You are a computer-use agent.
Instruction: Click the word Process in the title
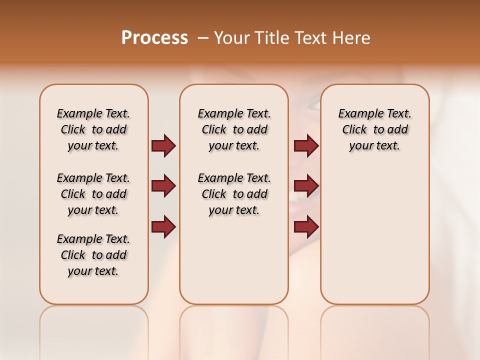[x=154, y=38]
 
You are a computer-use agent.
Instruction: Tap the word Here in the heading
[x=352, y=38]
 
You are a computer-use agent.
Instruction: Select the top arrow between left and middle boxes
[x=163, y=146]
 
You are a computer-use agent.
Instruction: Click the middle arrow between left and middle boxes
[x=163, y=186]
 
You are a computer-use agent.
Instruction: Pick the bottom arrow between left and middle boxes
[x=163, y=226]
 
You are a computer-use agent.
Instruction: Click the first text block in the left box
[x=93, y=129]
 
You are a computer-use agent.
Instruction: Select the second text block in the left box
[x=93, y=194]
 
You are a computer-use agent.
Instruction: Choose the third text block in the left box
[x=93, y=255]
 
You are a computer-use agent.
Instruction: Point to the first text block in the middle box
[x=234, y=129]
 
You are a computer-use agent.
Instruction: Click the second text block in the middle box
[x=234, y=194]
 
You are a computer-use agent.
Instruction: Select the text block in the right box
[x=374, y=129]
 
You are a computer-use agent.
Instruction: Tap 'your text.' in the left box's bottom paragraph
[x=93, y=271]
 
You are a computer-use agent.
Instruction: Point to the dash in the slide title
[x=203, y=38]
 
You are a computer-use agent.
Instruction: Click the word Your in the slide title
[x=230, y=38]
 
